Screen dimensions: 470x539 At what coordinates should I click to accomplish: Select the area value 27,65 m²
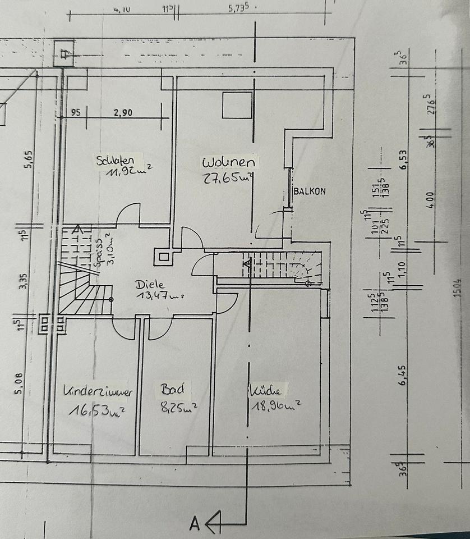[229, 178]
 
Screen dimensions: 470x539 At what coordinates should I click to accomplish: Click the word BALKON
[310, 191]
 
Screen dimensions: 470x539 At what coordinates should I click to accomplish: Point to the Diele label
[146, 284]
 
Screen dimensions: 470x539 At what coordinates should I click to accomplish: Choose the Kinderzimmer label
[98, 392]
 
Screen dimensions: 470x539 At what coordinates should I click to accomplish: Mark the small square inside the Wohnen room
[237, 106]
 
